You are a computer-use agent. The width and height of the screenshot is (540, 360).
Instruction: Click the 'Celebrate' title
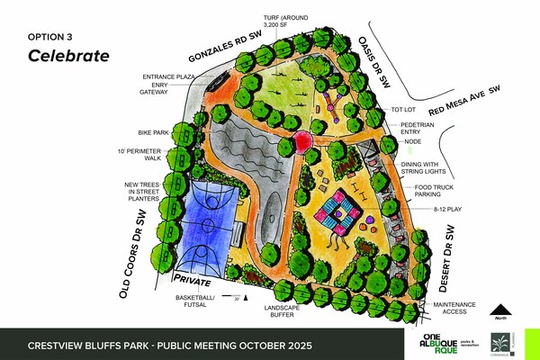click(68, 56)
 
